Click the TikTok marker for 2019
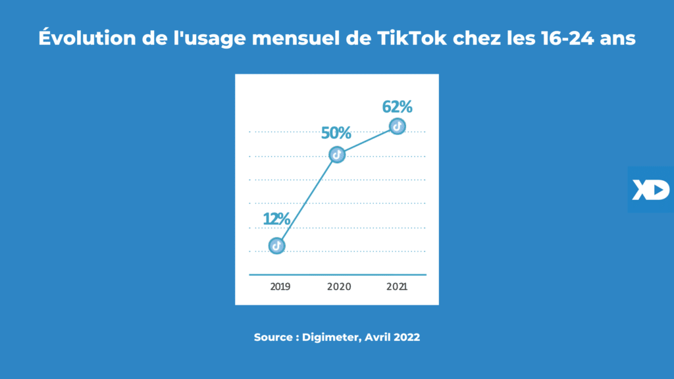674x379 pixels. click(x=277, y=245)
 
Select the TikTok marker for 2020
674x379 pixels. click(x=336, y=155)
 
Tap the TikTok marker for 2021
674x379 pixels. click(x=397, y=126)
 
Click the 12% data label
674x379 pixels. click(x=277, y=219)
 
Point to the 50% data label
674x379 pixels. click(x=336, y=132)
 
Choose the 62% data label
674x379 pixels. click(x=397, y=106)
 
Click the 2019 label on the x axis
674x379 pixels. click(x=280, y=287)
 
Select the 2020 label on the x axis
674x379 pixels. click(x=339, y=287)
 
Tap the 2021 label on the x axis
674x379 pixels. click(x=397, y=287)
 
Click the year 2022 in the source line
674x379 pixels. click(x=406, y=337)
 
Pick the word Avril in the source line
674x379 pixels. click(x=378, y=337)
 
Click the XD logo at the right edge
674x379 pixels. click(x=650, y=189)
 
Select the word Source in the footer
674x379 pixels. click(x=273, y=337)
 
